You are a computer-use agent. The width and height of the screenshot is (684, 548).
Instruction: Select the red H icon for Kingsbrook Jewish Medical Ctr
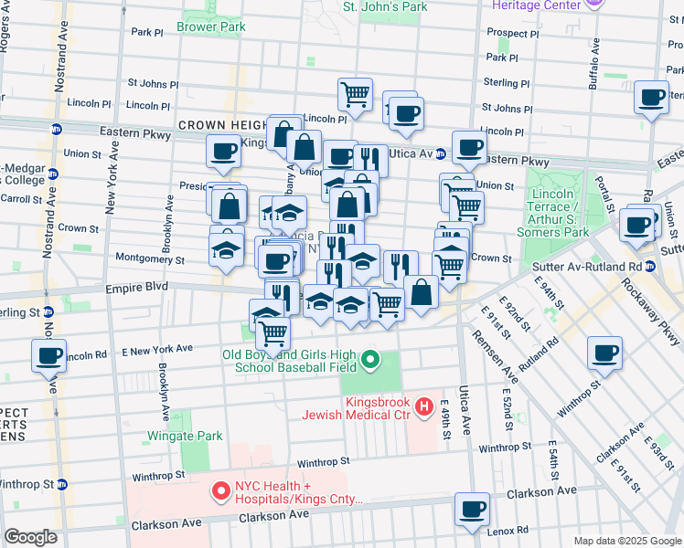[x=423, y=406]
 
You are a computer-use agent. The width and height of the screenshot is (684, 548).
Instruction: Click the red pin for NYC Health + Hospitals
[x=220, y=492]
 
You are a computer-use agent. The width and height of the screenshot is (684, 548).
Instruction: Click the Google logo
[x=30, y=537]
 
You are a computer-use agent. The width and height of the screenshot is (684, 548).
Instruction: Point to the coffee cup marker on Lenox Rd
[x=472, y=510]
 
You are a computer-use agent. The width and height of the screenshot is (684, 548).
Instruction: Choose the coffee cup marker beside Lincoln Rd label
[x=49, y=355]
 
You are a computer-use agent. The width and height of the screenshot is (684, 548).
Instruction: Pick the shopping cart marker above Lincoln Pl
[x=354, y=92]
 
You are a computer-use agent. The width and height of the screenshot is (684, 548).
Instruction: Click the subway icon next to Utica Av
[x=440, y=153]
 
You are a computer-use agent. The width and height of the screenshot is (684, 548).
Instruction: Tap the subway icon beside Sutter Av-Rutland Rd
[x=650, y=267]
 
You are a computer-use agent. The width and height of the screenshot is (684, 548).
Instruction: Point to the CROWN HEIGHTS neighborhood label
[x=219, y=125]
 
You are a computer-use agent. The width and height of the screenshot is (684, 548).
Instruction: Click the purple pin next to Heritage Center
[x=592, y=5]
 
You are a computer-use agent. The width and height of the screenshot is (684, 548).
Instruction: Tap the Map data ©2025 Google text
[x=627, y=541]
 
